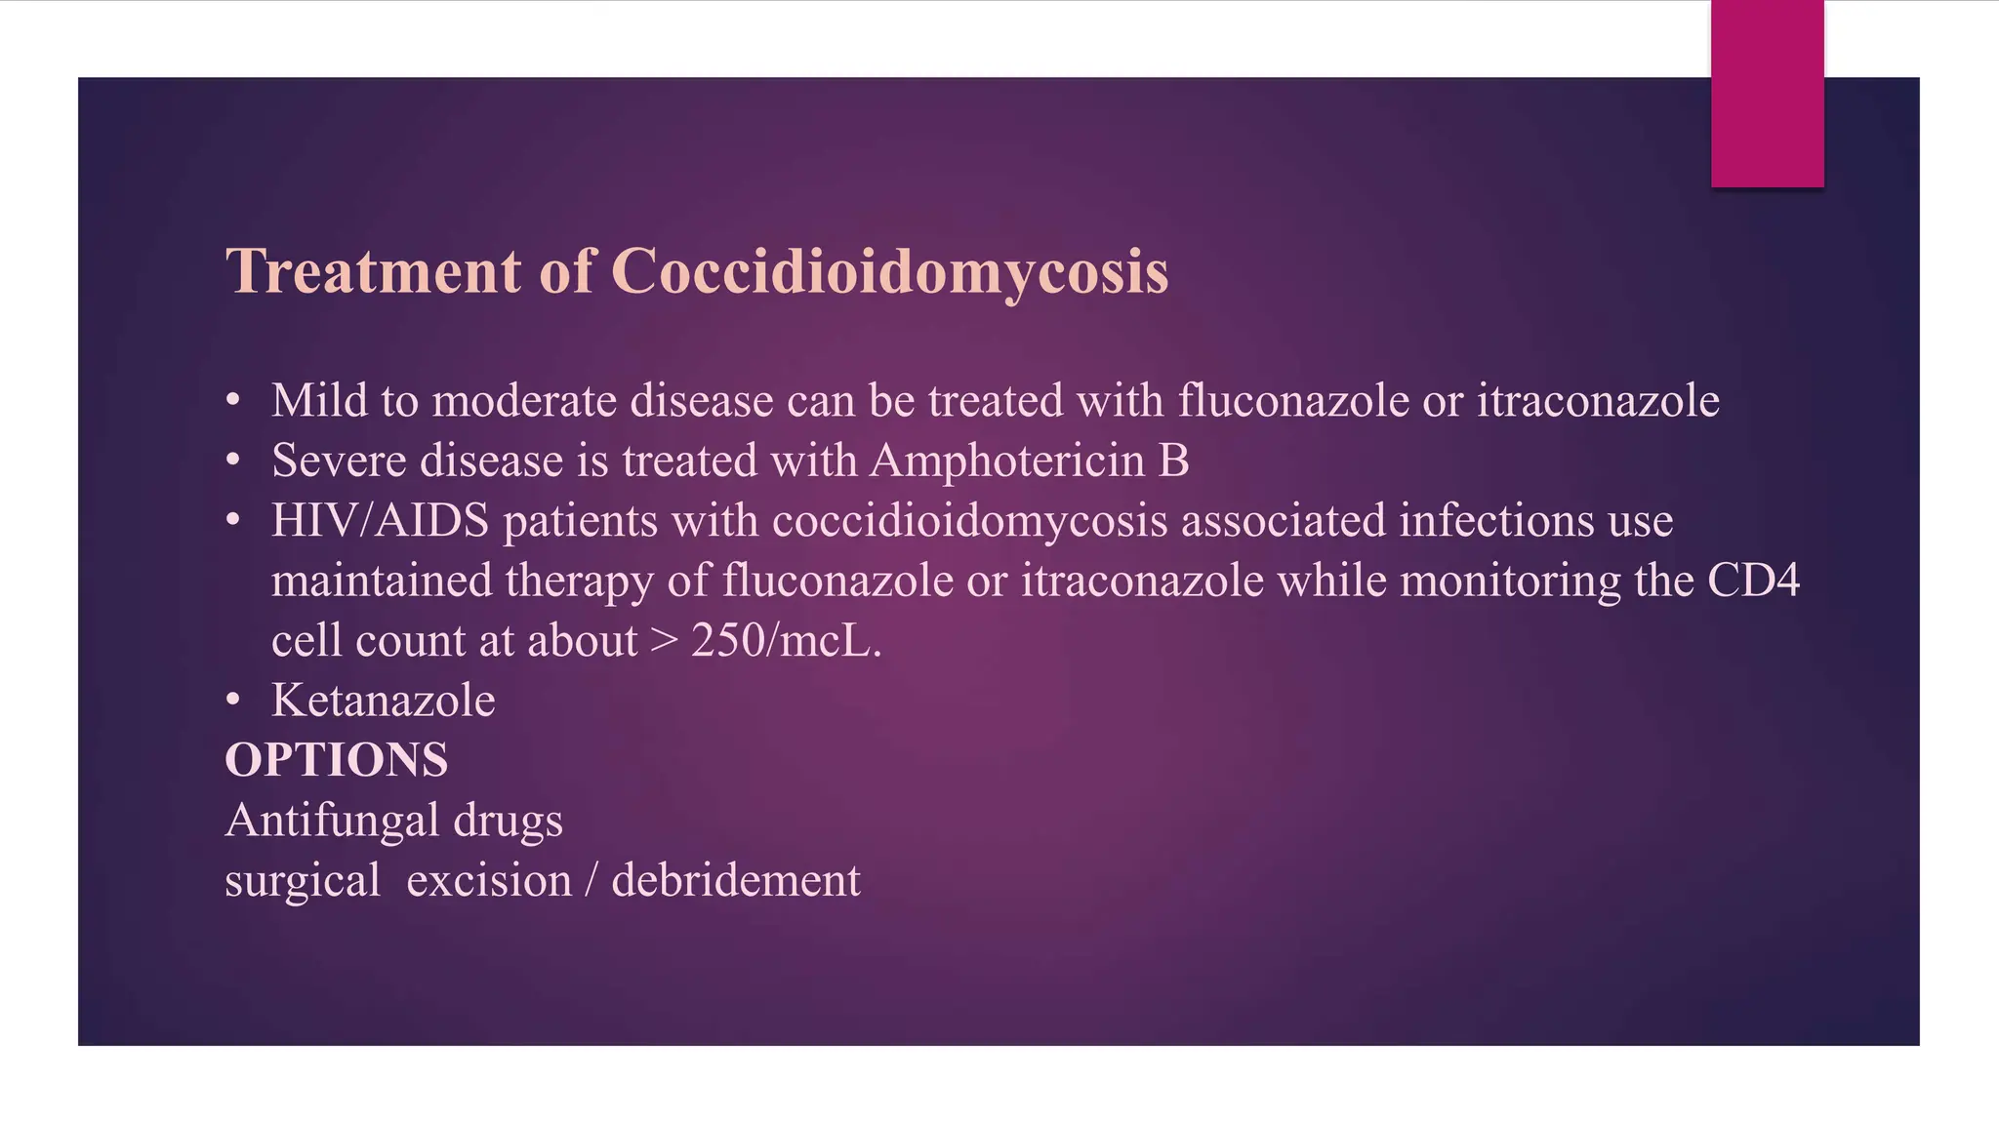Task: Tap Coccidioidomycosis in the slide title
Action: point(889,270)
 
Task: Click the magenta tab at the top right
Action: point(1767,94)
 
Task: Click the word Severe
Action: point(339,461)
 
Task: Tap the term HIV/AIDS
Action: point(381,520)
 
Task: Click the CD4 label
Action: point(1753,581)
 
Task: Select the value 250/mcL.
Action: point(786,641)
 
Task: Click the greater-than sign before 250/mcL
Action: point(664,641)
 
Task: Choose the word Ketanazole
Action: point(384,701)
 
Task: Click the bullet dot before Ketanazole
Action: point(232,701)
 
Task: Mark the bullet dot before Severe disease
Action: point(232,461)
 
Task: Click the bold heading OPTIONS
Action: point(337,760)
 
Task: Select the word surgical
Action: point(303,880)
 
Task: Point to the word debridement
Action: point(736,880)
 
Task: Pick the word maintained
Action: point(382,581)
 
